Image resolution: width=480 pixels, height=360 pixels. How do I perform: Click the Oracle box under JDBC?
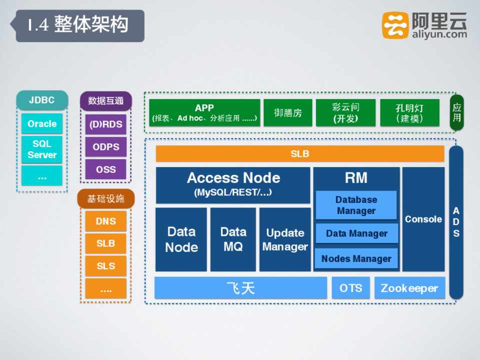pos(42,123)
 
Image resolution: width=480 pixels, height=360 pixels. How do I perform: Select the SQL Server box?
pos(42,149)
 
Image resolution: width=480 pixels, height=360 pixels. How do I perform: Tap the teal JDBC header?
pos(42,100)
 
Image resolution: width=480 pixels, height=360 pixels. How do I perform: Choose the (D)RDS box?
pos(106,124)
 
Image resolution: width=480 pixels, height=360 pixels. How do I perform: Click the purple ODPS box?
pos(106,147)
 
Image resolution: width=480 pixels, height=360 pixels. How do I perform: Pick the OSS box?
pos(106,169)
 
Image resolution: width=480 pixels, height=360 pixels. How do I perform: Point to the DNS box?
pos(106,221)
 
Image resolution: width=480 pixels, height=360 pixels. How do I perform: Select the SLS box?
pos(106,266)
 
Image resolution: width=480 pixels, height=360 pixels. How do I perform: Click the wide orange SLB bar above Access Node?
pos(300,154)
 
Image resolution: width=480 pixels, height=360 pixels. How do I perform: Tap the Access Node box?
pos(233,184)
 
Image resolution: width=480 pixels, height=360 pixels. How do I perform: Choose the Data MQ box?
pos(233,239)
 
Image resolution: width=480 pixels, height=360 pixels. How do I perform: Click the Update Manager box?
pos(285,239)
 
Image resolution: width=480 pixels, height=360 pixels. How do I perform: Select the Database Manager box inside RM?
pos(356,205)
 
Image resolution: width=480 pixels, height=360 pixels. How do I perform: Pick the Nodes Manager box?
pos(356,258)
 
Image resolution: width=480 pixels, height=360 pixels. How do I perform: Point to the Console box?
pos(423,219)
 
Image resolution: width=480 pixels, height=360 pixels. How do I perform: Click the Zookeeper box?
pos(409,288)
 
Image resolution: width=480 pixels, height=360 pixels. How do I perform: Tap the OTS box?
pos(350,288)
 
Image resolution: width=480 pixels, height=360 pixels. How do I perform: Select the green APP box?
pos(204,112)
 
